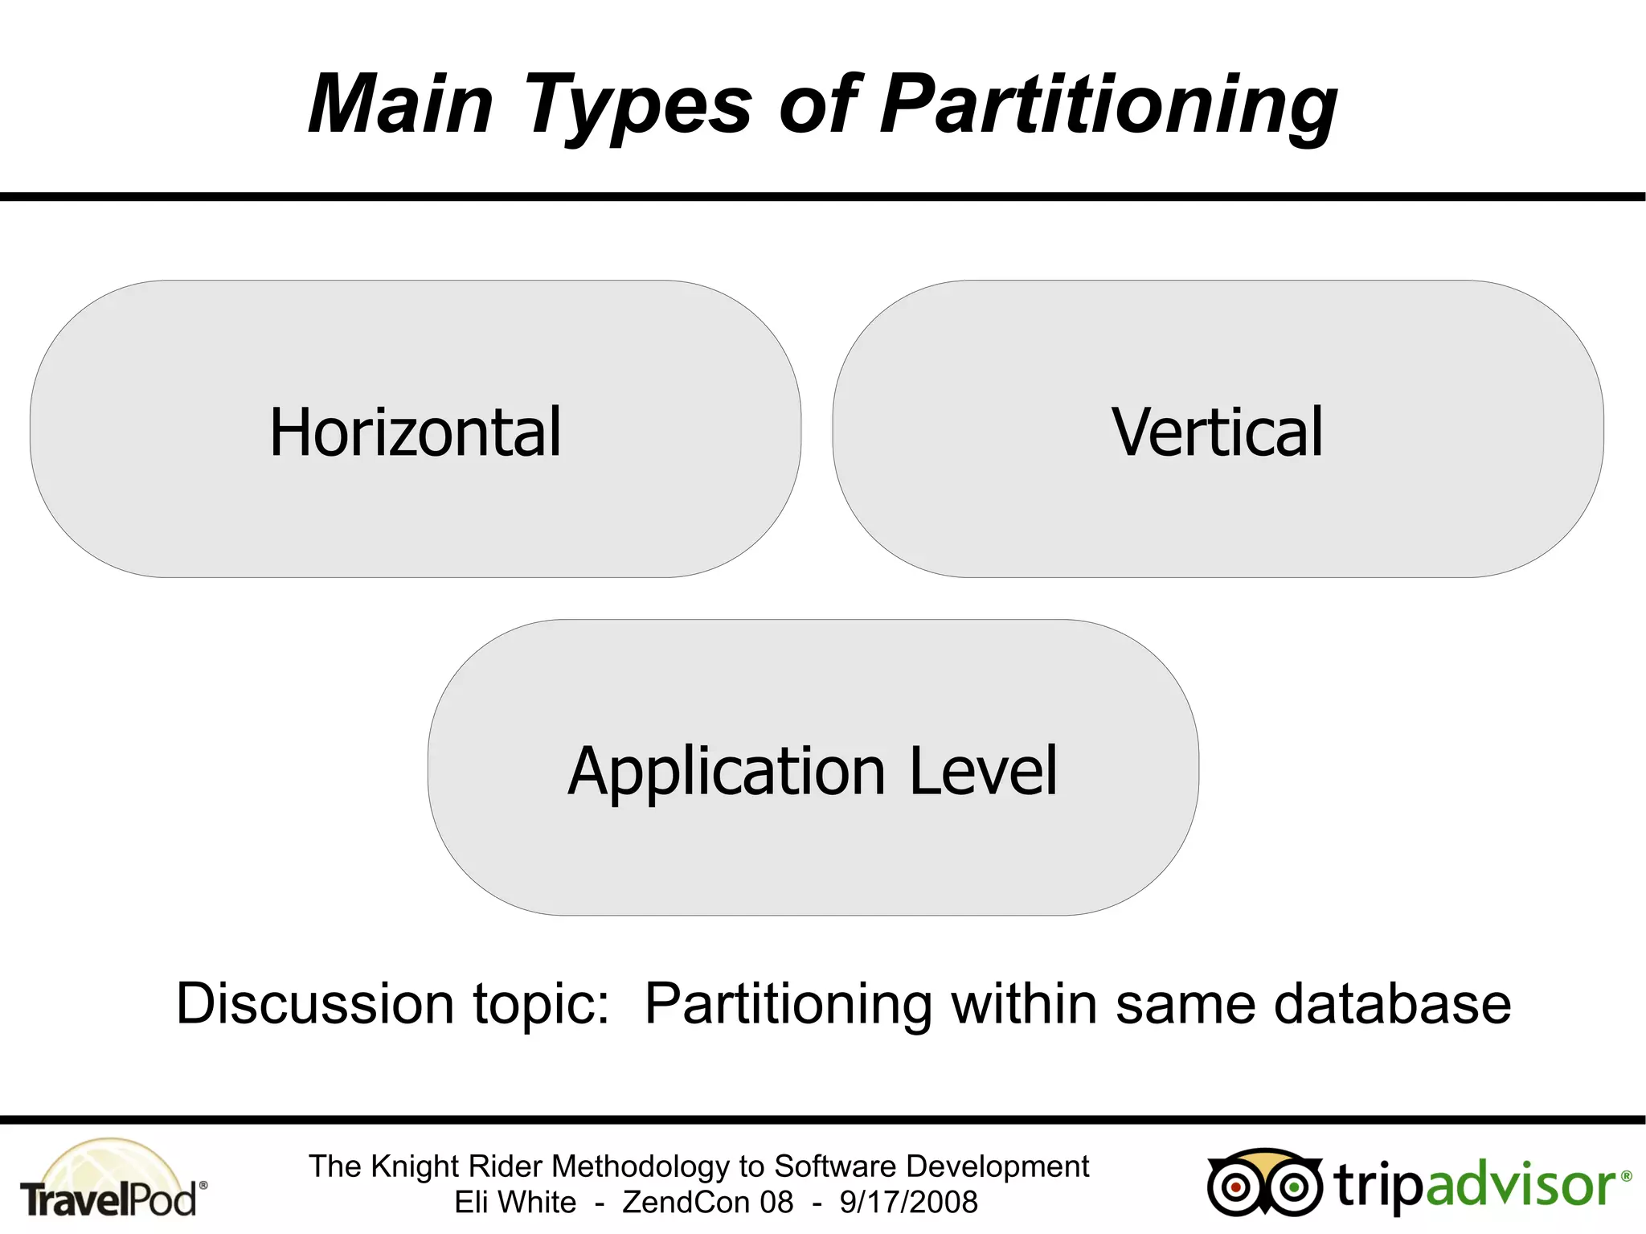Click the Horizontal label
tap(415, 433)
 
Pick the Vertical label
tap(1217, 433)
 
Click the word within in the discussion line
tap(1025, 1004)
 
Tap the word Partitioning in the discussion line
tap(788, 1006)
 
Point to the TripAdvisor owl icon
tap(1263, 1183)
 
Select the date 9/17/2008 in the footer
tap(908, 1203)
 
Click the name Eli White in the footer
tap(515, 1203)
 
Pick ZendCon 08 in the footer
tap(707, 1203)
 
